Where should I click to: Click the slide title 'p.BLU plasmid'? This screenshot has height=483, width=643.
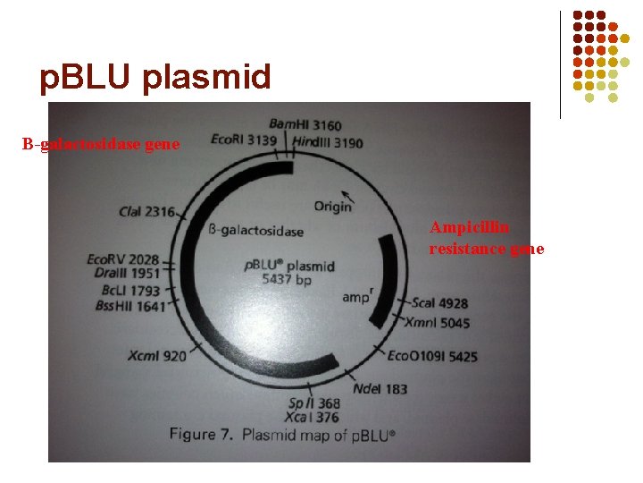[x=154, y=78]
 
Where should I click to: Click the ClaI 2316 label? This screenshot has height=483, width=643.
[x=146, y=211]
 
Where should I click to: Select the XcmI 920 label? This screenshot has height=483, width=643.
[x=157, y=356]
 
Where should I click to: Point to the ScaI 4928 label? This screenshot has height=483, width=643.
[x=438, y=304]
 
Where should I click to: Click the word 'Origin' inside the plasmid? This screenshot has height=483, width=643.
[x=332, y=207]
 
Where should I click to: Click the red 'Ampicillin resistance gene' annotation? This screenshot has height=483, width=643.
[x=486, y=238]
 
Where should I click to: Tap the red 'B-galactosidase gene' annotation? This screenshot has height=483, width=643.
[x=101, y=144]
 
